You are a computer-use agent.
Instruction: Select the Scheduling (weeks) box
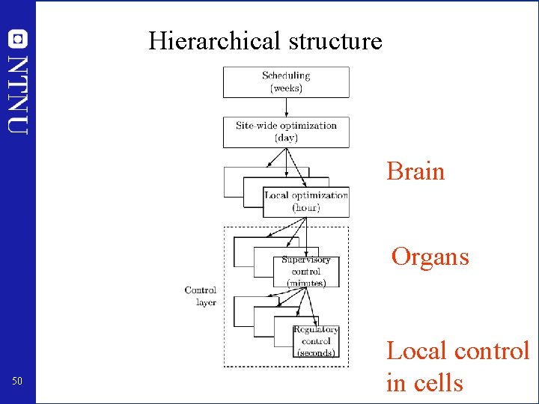click(x=286, y=82)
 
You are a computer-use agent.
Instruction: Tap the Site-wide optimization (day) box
click(x=286, y=132)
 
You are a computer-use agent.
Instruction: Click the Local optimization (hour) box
click(x=305, y=202)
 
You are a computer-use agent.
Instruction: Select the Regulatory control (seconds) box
click(x=315, y=341)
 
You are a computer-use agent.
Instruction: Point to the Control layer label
click(x=201, y=296)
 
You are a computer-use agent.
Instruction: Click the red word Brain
click(x=415, y=171)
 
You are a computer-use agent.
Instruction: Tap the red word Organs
click(x=430, y=257)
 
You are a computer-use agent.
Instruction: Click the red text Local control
click(x=457, y=350)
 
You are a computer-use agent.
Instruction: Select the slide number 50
click(x=17, y=382)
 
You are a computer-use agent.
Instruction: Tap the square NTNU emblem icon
click(x=18, y=39)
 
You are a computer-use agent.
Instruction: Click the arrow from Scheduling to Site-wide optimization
click(x=286, y=106)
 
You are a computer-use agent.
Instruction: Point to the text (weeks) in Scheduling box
click(x=286, y=88)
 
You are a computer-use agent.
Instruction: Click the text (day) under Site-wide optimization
click(x=286, y=138)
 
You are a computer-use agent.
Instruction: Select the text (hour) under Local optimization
click(x=305, y=207)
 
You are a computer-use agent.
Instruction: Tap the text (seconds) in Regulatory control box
click(x=315, y=353)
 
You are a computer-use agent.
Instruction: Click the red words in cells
click(x=424, y=383)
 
